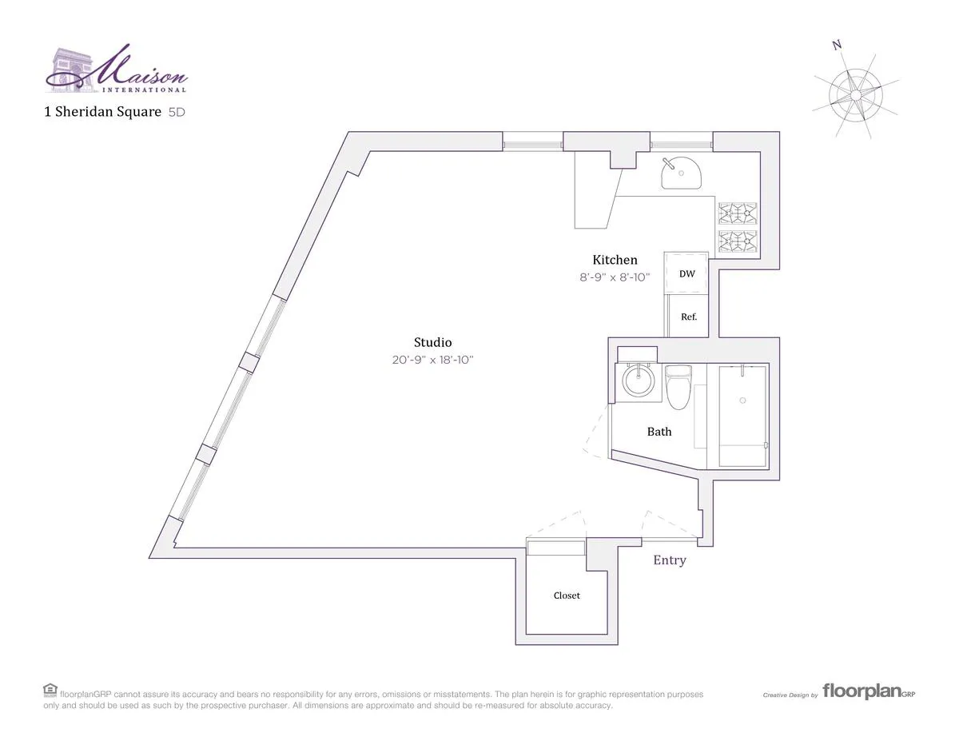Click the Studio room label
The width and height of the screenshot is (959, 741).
(x=432, y=343)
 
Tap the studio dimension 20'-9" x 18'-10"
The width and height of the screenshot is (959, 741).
(x=432, y=360)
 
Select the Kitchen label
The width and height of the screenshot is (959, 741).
(x=615, y=260)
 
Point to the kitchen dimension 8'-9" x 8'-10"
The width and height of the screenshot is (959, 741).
(x=615, y=277)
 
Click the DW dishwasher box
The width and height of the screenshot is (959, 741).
(x=686, y=273)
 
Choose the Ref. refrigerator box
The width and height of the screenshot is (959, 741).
(x=688, y=317)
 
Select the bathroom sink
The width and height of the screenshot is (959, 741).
(x=639, y=380)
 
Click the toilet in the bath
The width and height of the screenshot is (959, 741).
(x=678, y=385)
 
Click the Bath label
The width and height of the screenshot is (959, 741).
(x=659, y=432)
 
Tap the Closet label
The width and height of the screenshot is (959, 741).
(x=567, y=596)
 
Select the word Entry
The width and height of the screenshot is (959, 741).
(x=670, y=560)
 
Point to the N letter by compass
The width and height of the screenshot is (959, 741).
(x=837, y=46)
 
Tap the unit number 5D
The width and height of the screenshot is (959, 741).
(x=176, y=113)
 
